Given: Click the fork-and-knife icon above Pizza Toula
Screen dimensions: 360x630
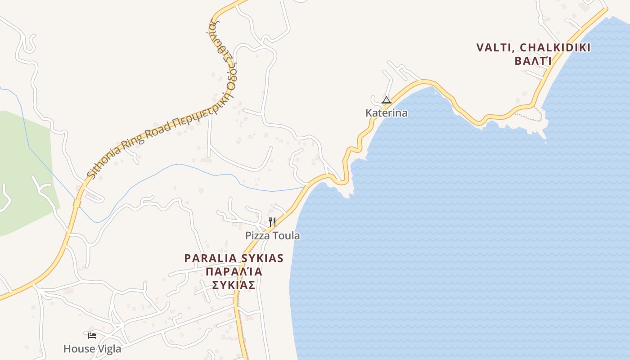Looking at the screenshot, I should click(272, 222).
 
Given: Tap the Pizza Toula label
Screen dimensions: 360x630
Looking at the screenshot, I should click(272, 236).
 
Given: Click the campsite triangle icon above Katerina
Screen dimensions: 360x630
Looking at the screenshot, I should click(386, 100).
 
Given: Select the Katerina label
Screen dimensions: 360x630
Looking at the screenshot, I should click(387, 113).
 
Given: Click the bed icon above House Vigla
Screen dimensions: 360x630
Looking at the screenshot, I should click(92, 335).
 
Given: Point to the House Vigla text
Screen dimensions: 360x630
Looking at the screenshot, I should click(92, 349).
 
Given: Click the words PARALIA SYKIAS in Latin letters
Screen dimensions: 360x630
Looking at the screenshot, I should click(234, 258).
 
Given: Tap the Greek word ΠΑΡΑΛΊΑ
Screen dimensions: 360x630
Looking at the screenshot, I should click(234, 272).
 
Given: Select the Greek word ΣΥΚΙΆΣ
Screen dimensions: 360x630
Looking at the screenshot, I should click(234, 285).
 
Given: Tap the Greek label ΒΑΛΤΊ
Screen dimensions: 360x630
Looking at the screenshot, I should click(533, 61).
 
